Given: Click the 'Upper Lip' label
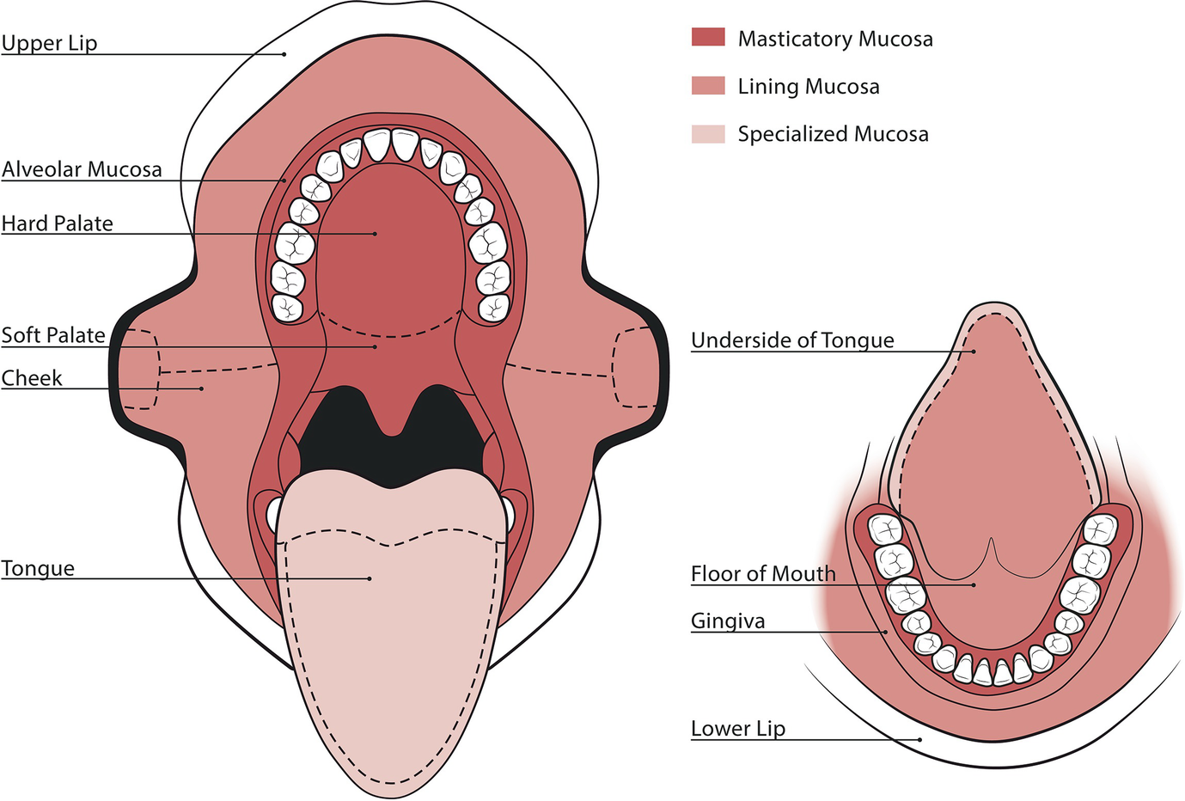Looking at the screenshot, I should [49, 43].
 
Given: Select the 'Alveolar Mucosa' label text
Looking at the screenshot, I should [82, 169].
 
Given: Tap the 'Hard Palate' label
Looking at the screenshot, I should [58, 223].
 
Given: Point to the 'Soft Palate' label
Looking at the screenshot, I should [53, 335].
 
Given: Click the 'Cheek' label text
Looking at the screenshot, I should [32, 378].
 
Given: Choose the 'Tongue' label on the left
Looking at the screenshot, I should [38, 568].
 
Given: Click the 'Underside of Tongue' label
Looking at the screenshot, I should [792, 340].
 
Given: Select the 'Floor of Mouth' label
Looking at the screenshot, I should [763, 573].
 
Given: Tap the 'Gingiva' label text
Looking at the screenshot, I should [728, 621].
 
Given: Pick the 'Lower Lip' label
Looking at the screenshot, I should [738, 729].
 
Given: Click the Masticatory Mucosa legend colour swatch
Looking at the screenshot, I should [708, 37].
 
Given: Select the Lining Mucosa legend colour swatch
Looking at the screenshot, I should [708, 85].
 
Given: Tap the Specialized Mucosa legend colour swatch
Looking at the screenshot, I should [708, 133].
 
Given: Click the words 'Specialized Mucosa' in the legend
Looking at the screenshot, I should [833, 134].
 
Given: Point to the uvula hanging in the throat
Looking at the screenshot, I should [393, 421].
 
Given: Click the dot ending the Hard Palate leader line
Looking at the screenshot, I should [376, 233].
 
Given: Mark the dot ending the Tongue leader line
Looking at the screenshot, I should [370, 578].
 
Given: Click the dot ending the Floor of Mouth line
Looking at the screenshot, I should [974, 585].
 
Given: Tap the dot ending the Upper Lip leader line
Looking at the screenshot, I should [284, 54].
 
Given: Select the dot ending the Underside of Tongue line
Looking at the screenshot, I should [974, 351].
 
